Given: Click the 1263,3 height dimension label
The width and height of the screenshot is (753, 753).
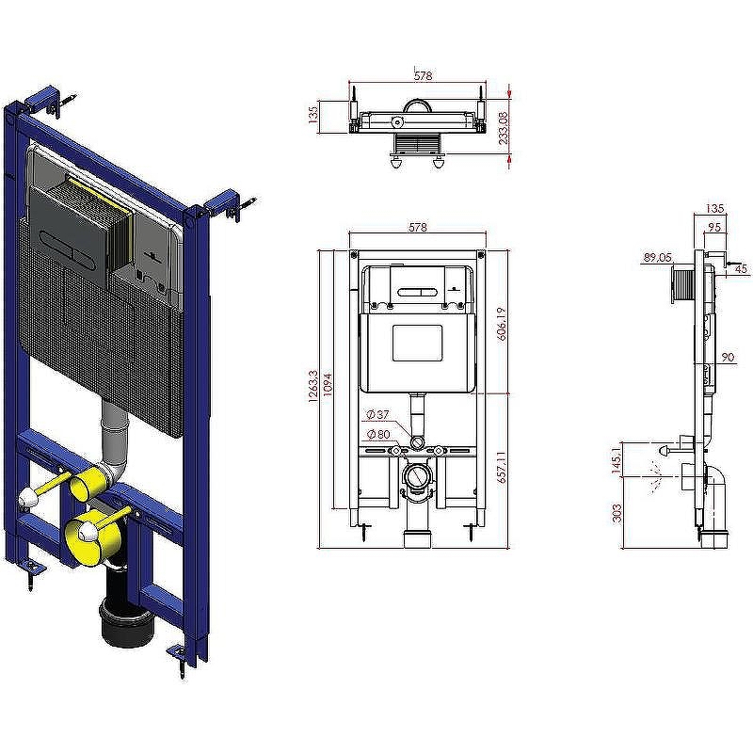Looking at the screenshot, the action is (312, 386).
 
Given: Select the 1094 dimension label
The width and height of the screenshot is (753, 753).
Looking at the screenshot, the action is (328, 385).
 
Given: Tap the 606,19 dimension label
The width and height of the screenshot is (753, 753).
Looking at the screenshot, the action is (502, 324).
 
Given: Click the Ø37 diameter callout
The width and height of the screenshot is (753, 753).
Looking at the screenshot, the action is (378, 414).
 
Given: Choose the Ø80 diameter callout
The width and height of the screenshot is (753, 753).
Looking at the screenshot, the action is (378, 434).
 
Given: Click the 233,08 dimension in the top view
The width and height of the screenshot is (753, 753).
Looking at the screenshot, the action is (504, 128).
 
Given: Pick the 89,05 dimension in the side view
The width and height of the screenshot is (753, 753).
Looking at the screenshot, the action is (657, 258).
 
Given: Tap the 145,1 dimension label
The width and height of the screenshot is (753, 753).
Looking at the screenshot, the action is (617, 458).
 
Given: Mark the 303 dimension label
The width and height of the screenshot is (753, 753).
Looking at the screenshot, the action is (617, 513).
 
